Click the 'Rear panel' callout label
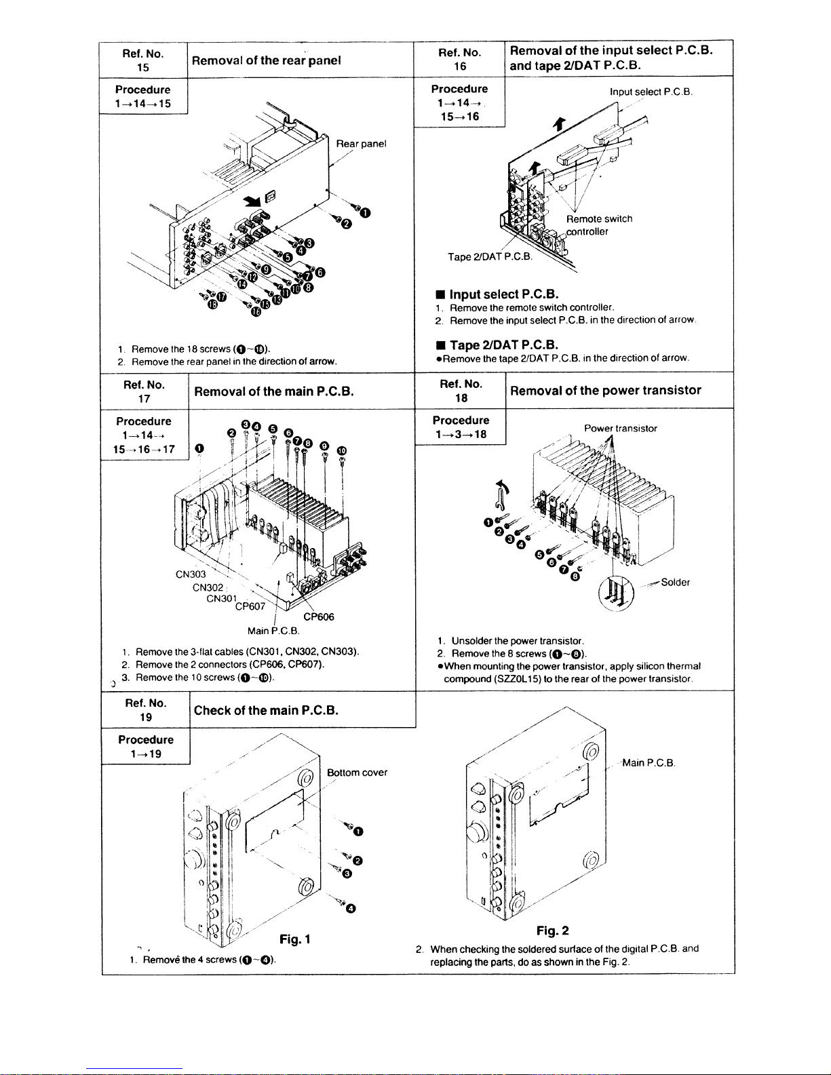(361, 144)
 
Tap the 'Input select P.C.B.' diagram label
(651, 92)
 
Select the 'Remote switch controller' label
(599, 225)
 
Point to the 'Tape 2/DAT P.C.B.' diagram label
(490, 257)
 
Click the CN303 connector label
(191, 574)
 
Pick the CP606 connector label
(319, 617)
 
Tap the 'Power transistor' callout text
(620, 429)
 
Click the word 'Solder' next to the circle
(675, 583)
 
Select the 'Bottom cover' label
(357, 773)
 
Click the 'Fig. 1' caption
(295, 939)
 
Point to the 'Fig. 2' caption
(552, 931)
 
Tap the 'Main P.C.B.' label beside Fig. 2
(648, 763)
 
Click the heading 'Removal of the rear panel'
(266, 60)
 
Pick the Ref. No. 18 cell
(461, 391)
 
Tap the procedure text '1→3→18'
(461, 435)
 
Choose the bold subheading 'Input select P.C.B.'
(503, 294)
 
